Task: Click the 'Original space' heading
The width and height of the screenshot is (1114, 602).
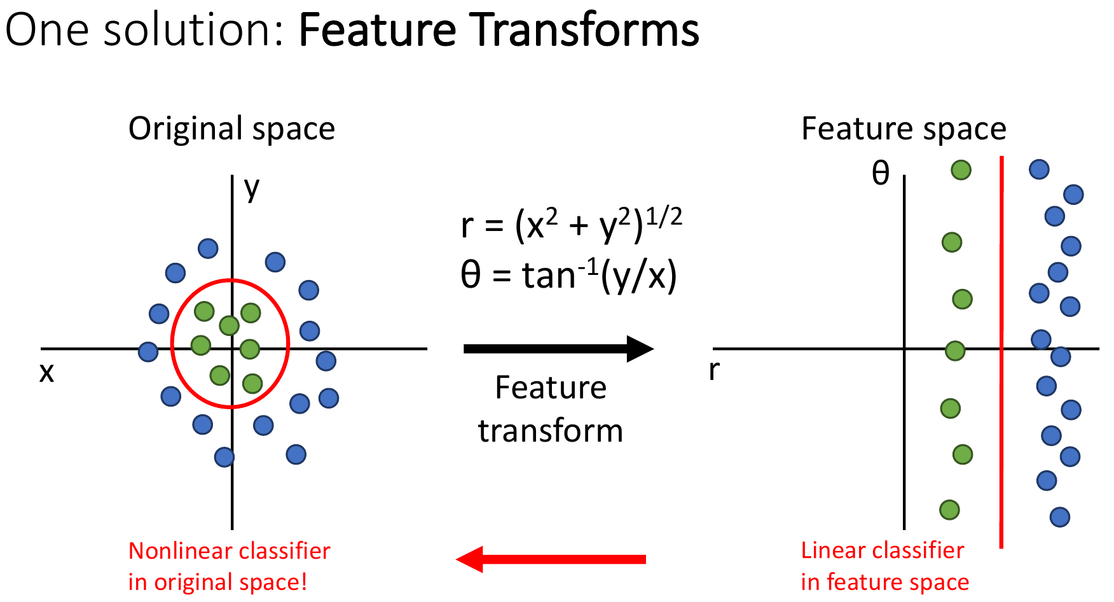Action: click(x=231, y=129)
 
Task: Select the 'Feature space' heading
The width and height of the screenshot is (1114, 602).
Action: click(x=904, y=129)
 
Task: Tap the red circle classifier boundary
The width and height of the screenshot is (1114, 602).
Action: click(x=289, y=344)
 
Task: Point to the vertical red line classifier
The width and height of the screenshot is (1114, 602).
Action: click(x=1001, y=445)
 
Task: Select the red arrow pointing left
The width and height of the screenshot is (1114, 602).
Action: click(x=551, y=559)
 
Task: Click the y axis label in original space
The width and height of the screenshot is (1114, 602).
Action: click(x=252, y=188)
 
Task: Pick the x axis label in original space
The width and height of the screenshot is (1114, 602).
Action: click(x=46, y=372)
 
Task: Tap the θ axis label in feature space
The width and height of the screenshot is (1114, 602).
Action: click(x=880, y=173)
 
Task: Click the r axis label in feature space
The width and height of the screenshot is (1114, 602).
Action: click(x=714, y=370)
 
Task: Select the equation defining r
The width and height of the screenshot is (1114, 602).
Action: click(x=571, y=225)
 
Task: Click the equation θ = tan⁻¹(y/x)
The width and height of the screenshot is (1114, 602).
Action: click(x=568, y=276)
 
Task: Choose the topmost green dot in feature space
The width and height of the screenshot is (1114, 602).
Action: click(x=961, y=170)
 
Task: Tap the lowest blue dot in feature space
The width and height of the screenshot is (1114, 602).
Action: click(x=1059, y=517)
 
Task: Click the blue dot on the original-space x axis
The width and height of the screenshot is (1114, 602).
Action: click(x=148, y=351)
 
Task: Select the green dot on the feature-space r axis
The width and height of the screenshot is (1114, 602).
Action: click(x=955, y=351)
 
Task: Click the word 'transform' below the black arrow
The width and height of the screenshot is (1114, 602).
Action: click(x=551, y=431)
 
